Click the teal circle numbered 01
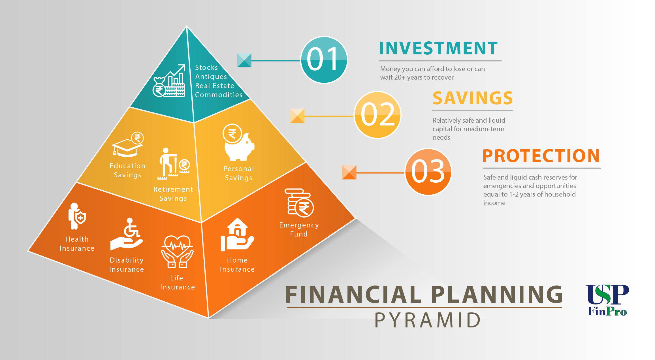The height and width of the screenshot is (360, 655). tap(324, 60)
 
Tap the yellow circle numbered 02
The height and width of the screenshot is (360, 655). tap(377, 115)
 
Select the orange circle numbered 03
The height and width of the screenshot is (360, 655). tap(428, 172)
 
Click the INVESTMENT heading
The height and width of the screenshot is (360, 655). tap(438, 48)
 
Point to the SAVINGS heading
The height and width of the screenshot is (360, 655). tap(473, 98)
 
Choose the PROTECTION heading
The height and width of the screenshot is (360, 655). tap(541, 156)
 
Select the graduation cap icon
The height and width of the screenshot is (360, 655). tap(128, 145)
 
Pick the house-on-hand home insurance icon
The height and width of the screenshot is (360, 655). tap(237, 235)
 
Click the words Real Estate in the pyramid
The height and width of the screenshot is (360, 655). tap(215, 86)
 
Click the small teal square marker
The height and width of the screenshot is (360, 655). tap(244, 60)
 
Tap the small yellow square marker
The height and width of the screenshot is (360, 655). tap(297, 116)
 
